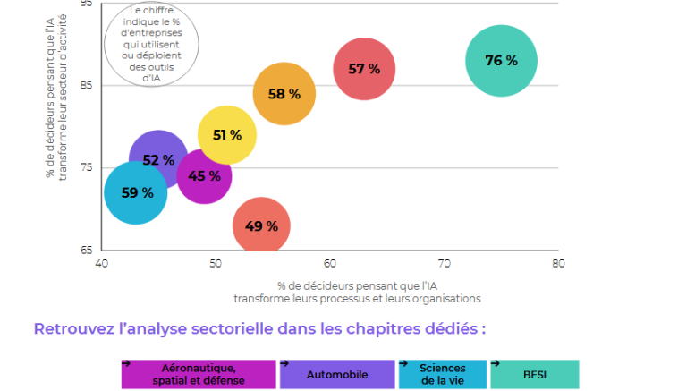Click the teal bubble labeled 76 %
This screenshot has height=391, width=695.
[x=501, y=61]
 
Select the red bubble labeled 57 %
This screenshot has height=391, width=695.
[x=364, y=69]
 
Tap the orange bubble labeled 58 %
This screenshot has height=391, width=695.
[x=284, y=94]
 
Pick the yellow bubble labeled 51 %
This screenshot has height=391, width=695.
[x=227, y=135]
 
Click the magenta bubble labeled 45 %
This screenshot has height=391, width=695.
[x=205, y=175]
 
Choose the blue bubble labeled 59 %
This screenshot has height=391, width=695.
[x=136, y=192]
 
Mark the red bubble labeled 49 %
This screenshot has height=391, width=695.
[x=261, y=226]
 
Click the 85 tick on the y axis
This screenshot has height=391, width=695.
[x=86, y=86]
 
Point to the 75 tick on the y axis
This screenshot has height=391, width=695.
[x=86, y=167]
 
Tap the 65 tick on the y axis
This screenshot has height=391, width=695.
[x=86, y=250]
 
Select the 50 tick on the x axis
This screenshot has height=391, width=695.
[x=216, y=264]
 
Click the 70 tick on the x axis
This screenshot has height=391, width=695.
[x=445, y=264]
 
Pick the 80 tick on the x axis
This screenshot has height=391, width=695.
[x=558, y=264]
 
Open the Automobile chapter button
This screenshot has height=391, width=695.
[x=337, y=374]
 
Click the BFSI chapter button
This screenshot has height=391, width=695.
[x=535, y=374]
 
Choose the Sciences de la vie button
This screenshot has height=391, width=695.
[x=443, y=374]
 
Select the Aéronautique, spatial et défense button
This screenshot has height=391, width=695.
[x=199, y=374]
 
